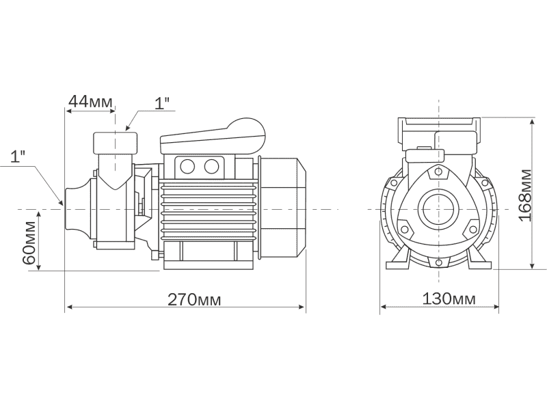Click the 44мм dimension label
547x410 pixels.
(90, 102)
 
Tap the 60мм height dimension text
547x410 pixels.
(29, 243)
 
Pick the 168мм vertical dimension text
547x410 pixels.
(524, 194)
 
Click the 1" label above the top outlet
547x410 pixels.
(162, 103)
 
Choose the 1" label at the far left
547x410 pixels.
(18, 155)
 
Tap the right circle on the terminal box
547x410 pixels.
(212, 165)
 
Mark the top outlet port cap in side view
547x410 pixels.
(115, 143)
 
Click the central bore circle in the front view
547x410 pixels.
(437, 208)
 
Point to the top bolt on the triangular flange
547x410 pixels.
(435, 172)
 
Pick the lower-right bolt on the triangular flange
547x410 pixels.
(470, 228)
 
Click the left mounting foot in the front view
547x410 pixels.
(399, 262)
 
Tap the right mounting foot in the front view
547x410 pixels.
(477, 262)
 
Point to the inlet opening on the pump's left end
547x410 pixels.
(70, 208)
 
